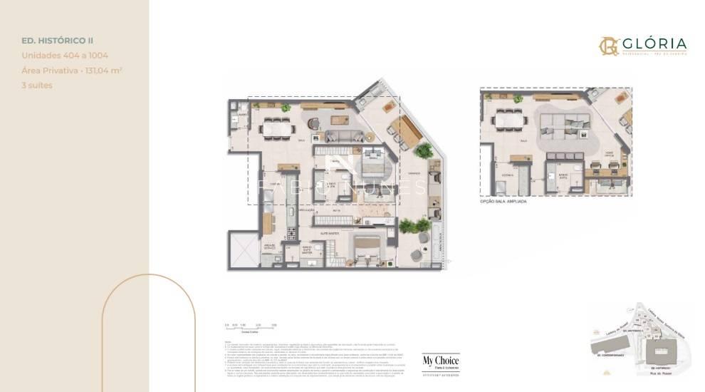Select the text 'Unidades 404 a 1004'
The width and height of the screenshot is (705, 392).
click(x=65, y=55)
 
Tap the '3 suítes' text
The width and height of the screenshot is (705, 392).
click(x=36, y=85)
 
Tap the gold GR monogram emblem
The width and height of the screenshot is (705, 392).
click(x=608, y=46)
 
